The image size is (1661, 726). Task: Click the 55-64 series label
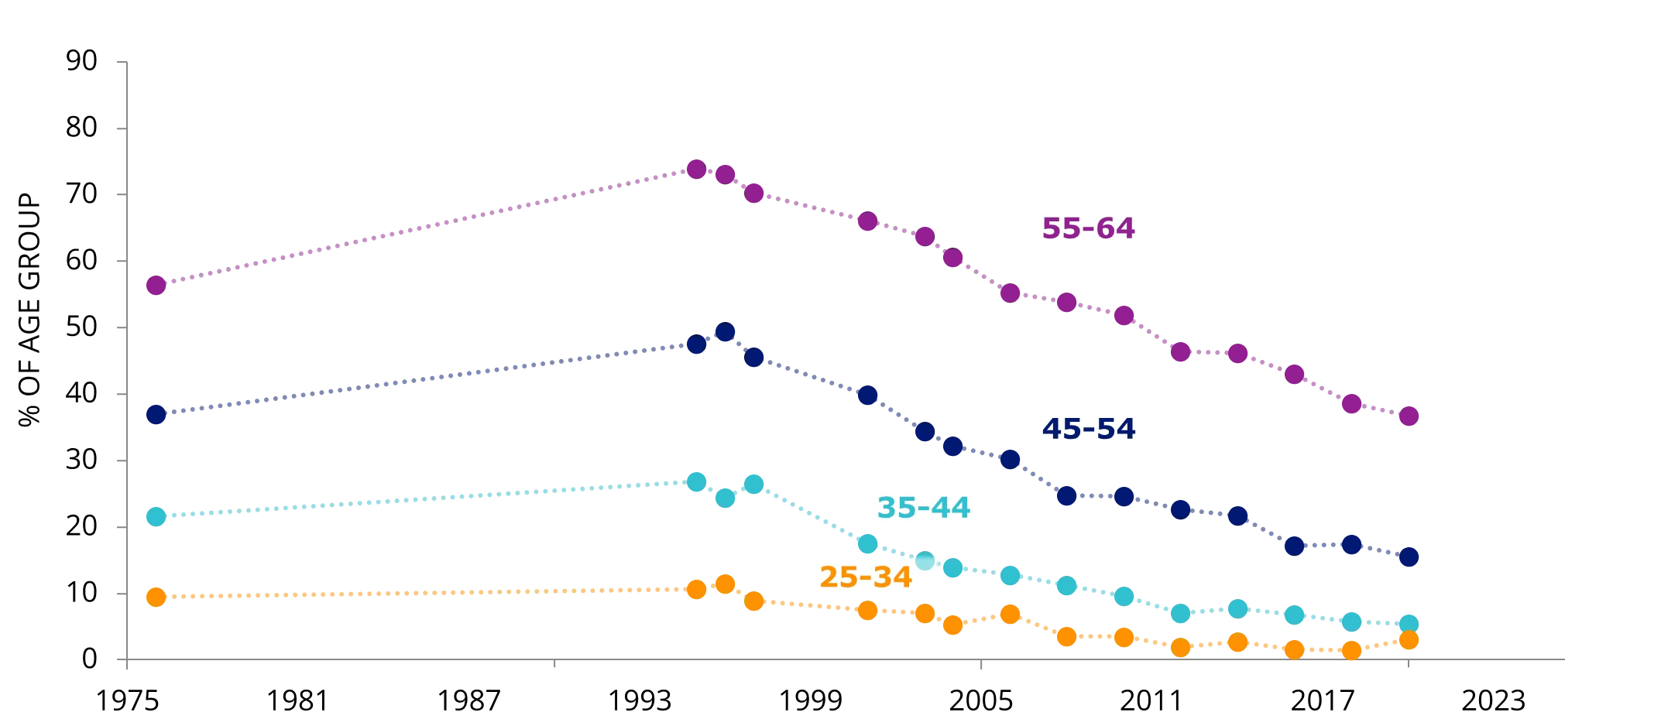pyautogui.click(x=1089, y=228)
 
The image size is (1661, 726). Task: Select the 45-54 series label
pyautogui.click(x=1089, y=428)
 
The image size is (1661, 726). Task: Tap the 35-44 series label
pyautogui.click(x=923, y=507)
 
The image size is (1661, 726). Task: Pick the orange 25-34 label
pyautogui.click(x=866, y=577)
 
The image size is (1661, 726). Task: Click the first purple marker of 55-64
pyautogui.click(x=156, y=285)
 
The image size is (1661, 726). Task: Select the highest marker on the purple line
pyautogui.click(x=696, y=168)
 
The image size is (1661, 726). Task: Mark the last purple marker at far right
pyautogui.click(x=1409, y=416)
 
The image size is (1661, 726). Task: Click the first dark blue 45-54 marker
pyautogui.click(x=156, y=414)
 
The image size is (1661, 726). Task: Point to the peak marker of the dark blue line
pyautogui.click(x=725, y=332)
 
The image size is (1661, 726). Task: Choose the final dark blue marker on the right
pyautogui.click(x=1409, y=556)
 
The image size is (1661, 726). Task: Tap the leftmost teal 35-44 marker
pyautogui.click(x=156, y=516)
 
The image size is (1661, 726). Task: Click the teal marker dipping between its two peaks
pyautogui.click(x=725, y=498)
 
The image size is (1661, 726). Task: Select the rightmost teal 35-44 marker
pyautogui.click(x=1409, y=624)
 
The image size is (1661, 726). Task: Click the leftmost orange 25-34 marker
pyautogui.click(x=156, y=597)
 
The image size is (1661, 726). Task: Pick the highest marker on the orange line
pyautogui.click(x=725, y=583)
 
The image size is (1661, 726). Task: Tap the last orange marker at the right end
pyautogui.click(x=1409, y=640)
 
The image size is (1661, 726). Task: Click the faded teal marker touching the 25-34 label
pyautogui.click(x=925, y=560)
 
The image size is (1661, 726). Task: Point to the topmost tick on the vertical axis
pyautogui.click(x=119, y=61)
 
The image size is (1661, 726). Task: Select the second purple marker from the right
pyautogui.click(x=1351, y=403)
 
